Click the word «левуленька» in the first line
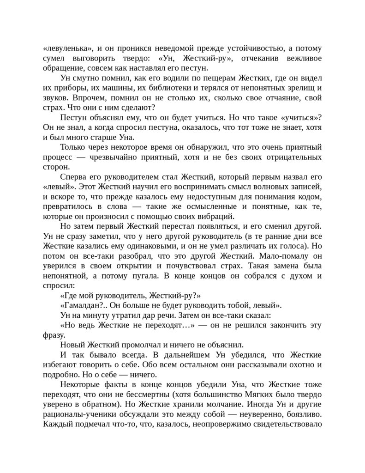point(66,48)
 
